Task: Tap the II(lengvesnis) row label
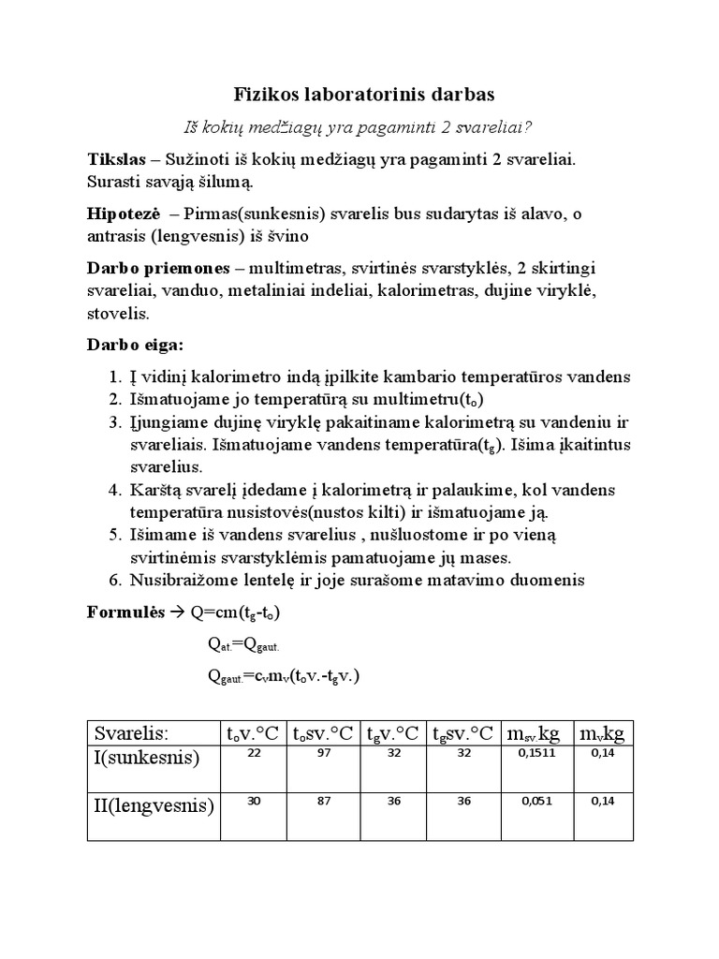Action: [153, 805]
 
